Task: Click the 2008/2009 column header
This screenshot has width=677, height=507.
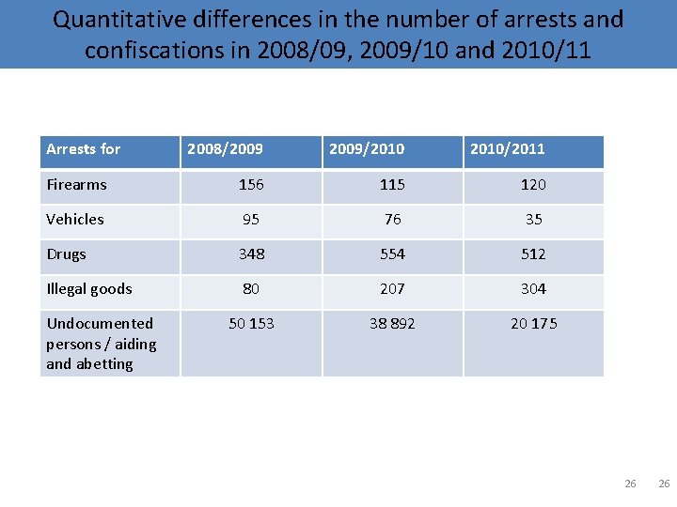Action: click(226, 148)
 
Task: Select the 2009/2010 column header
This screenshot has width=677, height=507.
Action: click(367, 148)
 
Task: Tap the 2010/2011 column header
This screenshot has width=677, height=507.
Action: click(508, 148)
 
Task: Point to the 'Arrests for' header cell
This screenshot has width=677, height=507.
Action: click(84, 148)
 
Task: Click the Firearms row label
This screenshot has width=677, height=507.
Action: click(76, 185)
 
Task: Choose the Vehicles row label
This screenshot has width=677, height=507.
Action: click(75, 220)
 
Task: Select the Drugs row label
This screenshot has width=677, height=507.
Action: click(66, 254)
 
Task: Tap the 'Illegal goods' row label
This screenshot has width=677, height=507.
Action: click(89, 289)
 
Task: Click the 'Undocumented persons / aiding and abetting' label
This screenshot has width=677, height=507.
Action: click(102, 344)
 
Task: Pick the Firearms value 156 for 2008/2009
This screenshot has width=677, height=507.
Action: click(251, 185)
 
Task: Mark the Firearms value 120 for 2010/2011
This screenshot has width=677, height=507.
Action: click(533, 185)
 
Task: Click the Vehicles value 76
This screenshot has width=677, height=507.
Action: click(392, 220)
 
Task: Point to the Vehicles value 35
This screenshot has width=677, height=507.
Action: click(533, 220)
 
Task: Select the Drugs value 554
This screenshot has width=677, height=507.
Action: click(392, 254)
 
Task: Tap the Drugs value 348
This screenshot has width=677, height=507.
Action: click(251, 254)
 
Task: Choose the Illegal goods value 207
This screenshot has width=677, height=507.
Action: click(392, 289)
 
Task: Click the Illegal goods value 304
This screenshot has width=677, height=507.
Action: click(533, 289)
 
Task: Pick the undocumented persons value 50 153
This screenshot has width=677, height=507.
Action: click(251, 324)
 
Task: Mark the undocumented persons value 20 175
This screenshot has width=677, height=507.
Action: click(533, 324)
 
